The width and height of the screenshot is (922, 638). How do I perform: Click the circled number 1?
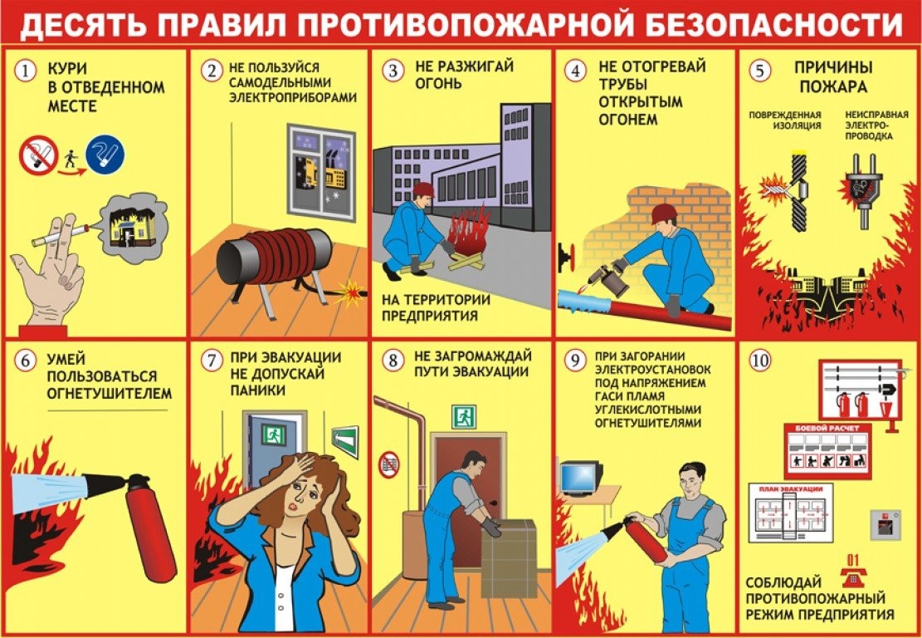[x=27, y=72]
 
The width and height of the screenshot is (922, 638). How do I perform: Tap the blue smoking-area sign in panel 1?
[x=104, y=155]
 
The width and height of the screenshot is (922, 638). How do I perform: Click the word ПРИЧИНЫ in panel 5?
[x=821, y=67]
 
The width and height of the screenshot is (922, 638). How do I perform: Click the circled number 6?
[x=27, y=361]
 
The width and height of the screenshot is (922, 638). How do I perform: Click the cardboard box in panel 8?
[x=509, y=557]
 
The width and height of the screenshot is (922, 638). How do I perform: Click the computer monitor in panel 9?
[x=581, y=476]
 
